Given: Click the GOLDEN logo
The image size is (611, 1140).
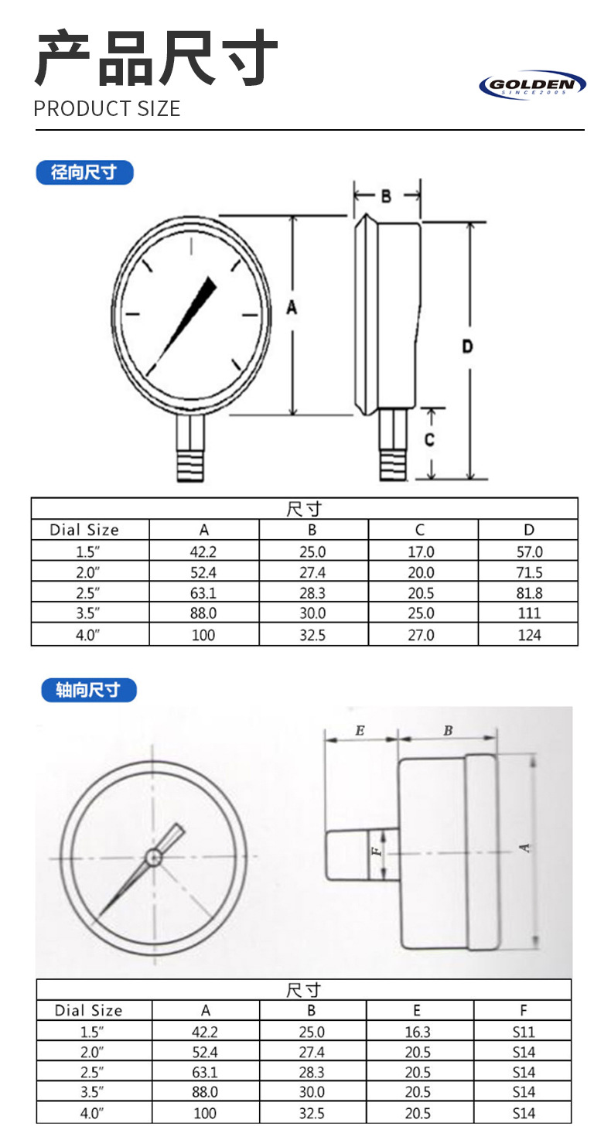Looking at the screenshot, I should (532, 85).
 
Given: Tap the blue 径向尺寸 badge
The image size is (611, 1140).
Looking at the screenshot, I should (84, 172).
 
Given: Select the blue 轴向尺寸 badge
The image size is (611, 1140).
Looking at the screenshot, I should (88, 690).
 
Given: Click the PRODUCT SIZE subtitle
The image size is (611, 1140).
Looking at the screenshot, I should (107, 108).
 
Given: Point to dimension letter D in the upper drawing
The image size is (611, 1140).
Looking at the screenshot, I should (467, 346).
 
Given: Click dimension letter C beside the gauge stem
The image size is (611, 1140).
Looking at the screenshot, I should (429, 439).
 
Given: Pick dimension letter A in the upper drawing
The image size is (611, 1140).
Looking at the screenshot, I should (292, 308).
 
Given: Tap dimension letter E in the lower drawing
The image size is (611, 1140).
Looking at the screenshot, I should (360, 730).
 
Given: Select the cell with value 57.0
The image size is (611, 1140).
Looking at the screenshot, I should (528, 552).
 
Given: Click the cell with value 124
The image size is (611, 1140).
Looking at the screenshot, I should (528, 635).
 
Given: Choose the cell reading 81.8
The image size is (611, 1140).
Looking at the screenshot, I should (528, 593).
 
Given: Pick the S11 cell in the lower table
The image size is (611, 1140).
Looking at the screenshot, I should (523, 1032).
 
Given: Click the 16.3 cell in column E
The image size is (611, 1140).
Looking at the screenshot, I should (417, 1032).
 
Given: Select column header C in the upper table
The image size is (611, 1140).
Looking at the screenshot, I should (420, 530).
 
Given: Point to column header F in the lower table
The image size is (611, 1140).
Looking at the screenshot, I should (524, 1010).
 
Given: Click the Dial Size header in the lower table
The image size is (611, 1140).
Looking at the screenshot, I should (88, 1010).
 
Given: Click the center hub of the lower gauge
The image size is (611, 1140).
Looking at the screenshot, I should (153, 857).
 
